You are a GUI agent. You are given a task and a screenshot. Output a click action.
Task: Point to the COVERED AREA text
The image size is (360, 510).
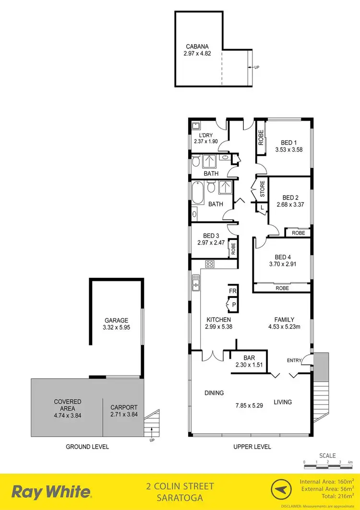(x=68, y=405)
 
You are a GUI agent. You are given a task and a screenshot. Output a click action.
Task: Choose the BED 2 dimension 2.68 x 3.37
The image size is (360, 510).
(x=291, y=204)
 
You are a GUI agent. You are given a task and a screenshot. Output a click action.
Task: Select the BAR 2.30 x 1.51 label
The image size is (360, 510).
(x=248, y=361)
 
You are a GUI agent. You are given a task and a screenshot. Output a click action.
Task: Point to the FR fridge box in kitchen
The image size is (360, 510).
(x=233, y=291)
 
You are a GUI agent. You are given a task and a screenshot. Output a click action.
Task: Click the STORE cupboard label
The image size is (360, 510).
(x=263, y=189)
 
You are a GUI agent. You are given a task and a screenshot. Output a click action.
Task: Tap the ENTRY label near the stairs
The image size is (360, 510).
(x=295, y=360)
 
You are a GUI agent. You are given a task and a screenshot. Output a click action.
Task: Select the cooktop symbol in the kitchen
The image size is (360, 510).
(x=210, y=264)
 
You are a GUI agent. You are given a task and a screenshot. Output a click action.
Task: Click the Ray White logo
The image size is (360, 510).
(x=51, y=491)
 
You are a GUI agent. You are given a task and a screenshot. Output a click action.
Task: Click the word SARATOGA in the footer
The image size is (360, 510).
(x=180, y=497)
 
